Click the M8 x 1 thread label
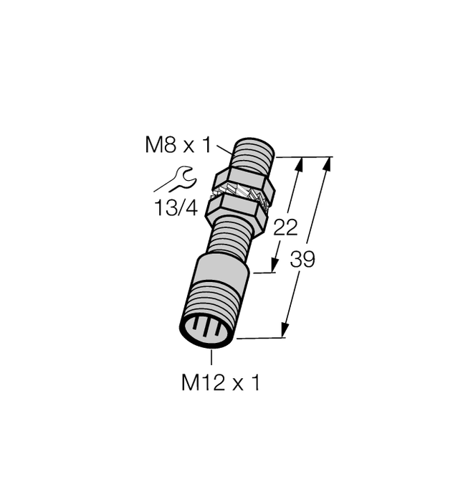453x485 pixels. point(178,146)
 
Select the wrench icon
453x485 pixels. point(175,179)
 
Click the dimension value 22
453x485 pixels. point(286,227)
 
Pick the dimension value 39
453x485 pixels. point(302,260)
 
